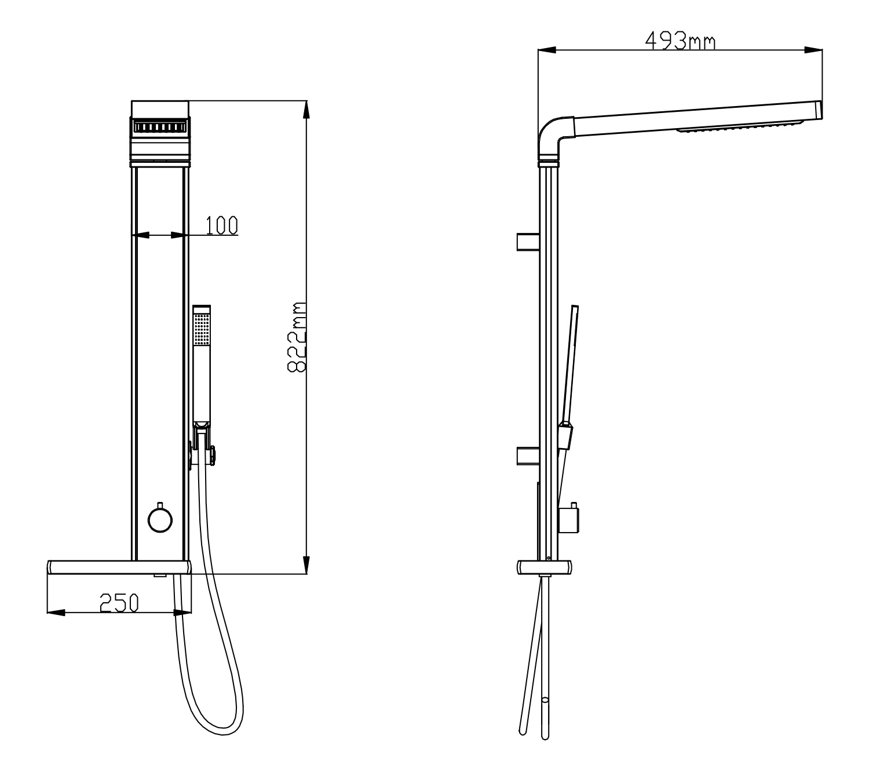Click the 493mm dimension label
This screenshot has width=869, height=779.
[x=680, y=41]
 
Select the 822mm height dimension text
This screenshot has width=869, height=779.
[x=297, y=337]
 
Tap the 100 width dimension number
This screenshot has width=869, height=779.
[x=221, y=225]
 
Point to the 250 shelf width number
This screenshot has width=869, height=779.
[x=119, y=603]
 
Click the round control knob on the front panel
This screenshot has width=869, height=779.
[x=160, y=520]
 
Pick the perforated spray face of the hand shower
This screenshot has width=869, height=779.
[x=201, y=329]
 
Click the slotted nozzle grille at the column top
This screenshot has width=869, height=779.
[x=160, y=127]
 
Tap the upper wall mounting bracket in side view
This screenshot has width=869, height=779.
[x=528, y=242]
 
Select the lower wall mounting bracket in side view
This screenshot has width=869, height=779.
[x=528, y=456]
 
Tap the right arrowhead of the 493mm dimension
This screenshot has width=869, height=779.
[x=813, y=50]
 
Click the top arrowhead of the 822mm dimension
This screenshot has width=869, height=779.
[x=306, y=110]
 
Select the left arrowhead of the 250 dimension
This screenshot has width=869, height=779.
[x=56, y=613]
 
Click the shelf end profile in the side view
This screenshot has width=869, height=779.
[x=545, y=567]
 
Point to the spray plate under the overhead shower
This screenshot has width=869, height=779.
[x=740, y=126]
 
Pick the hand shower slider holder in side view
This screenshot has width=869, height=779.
[x=565, y=435]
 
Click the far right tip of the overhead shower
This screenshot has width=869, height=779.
[x=821, y=110]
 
